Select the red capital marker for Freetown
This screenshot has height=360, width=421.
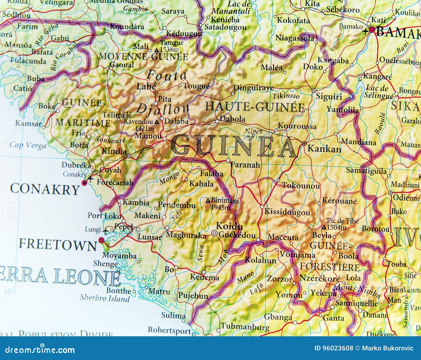click(101, 240)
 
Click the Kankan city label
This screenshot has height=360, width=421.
click(324, 149)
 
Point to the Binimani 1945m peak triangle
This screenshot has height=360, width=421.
click(208, 201)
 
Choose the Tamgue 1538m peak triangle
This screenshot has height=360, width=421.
click(157, 50)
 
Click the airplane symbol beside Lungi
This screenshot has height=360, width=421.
click(106, 231)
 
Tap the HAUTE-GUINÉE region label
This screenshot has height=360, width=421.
click(254, 107)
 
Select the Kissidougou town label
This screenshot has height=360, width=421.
click(287, 212)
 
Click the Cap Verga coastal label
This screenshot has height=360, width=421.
click(27, 145)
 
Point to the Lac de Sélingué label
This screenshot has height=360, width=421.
click(377, 92)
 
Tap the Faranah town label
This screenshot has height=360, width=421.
click(245, 165)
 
